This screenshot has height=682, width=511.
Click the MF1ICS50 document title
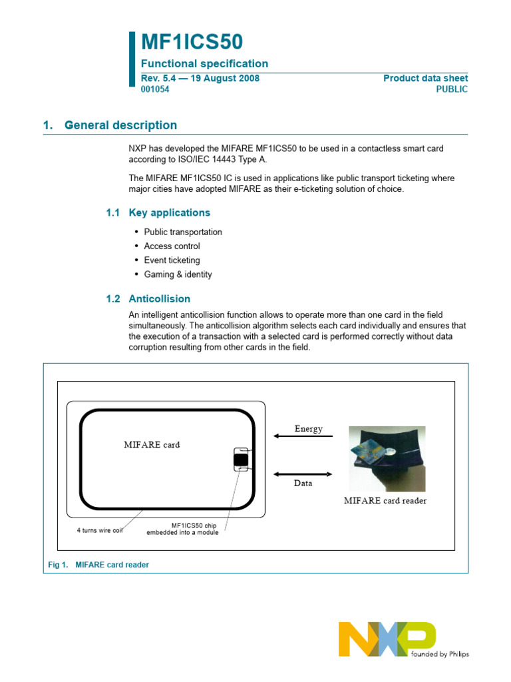[x=192, y=43]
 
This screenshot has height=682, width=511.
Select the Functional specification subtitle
[x=204, y=64]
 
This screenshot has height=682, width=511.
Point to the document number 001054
[x=154, y=89]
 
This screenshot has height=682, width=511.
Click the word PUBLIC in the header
[x=452, y=89]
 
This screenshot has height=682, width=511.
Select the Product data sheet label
[x=425, y=79]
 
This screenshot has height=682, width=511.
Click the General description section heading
[x=120, y=125]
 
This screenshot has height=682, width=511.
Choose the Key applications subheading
[x=169, y=212]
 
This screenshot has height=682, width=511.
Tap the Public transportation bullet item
[x=183, y=232]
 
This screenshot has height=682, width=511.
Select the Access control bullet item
[x=172, y=246]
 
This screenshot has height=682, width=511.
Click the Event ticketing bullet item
[x=172, y=260]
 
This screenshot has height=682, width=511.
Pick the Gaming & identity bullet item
[x=178, y=274]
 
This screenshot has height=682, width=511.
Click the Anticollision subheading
[x=159, y=299]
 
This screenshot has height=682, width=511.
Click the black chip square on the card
[x=241, y=459]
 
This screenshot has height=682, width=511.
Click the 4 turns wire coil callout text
[x=100, y=530]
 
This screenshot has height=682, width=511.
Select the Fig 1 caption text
[x=99, y=564]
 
